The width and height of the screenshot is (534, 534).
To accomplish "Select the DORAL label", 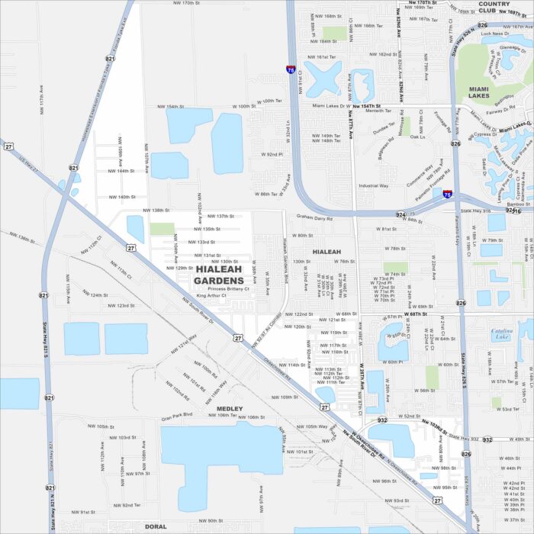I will (156, 526).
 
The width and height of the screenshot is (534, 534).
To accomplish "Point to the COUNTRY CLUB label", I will (497, 8).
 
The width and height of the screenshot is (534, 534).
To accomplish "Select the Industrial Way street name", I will (374, 185).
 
